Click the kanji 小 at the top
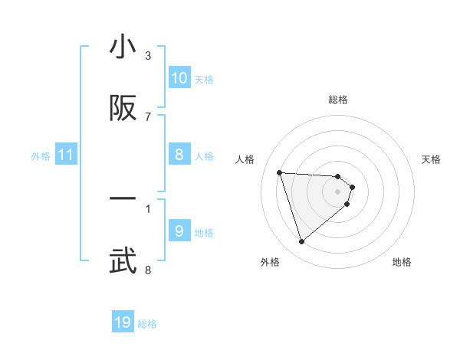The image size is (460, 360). [123, 48]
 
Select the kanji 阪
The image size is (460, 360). [123, 110]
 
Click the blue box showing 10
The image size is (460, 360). [179, 78]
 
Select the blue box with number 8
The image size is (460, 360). [179, 155]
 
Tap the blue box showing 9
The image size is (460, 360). [179, 231]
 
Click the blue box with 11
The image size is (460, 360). [66, 155]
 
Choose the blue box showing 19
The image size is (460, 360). [123, 322]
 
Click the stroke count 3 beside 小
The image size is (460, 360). [148, 56]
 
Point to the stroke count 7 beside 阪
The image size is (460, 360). [148, 116]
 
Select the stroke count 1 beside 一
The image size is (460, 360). [148, 208]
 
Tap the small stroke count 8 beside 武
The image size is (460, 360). [148, 270]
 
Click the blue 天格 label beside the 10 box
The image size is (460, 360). [204, 79]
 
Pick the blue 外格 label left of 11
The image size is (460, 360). [41, 156]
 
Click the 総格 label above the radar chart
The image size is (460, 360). [338, 100]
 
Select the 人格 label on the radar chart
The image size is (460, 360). [245, 159]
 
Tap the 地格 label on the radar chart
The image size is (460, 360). [402, 262]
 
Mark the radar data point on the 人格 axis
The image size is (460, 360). [280, 172]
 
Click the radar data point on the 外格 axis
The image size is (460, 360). [302, 242]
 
